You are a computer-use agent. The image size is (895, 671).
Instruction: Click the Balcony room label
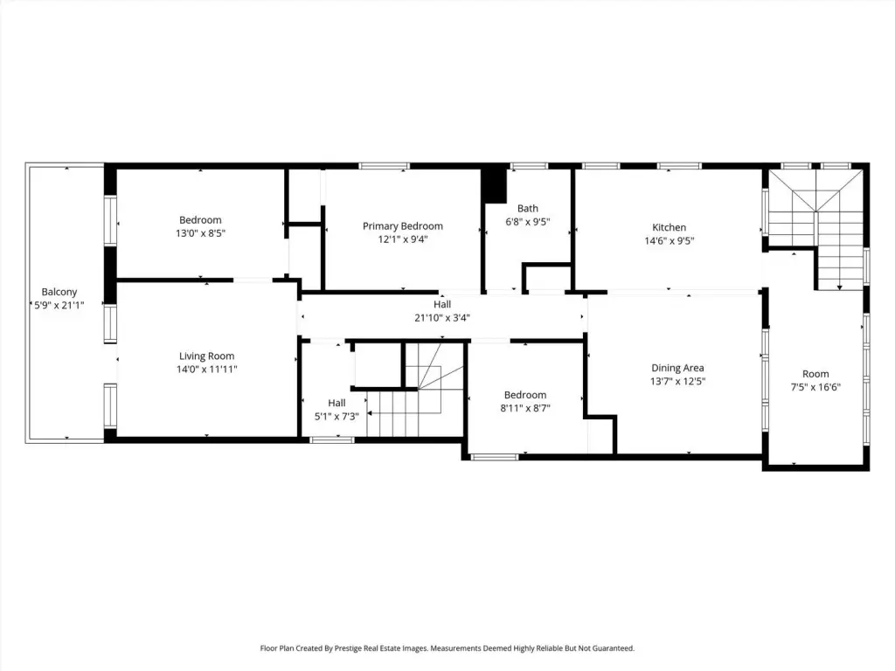click(x=59, y=292)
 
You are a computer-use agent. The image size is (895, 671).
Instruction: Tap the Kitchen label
click(x=669, y=227)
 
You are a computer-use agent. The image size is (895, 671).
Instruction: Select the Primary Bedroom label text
click(x=402, y=226)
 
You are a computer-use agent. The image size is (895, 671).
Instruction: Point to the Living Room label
click(x=206, y=356)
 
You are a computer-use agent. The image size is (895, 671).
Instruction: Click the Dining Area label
click(x=677, y=368)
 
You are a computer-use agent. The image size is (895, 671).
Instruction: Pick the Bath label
click(x=527, y=208)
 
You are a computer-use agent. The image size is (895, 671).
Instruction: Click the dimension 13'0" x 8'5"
click(x=200, y=233)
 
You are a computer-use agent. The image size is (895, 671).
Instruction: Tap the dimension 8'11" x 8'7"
click(x=525, y=408)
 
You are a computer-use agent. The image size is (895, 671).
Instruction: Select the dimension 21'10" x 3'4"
click(x=442, y=318)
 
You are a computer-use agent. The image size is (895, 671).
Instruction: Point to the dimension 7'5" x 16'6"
click(x=815, y=387)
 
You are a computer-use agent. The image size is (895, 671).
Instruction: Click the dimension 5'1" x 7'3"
click(x=336, y=417)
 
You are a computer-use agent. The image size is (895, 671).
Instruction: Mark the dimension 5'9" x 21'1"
click(x=59, y=305)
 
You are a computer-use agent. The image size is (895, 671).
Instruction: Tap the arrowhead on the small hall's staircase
click(x=370, y=412)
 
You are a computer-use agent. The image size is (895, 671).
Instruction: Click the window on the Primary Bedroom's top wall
click(x=385, y=166)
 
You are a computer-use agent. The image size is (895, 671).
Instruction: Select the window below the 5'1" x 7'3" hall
click(x=331, y=440)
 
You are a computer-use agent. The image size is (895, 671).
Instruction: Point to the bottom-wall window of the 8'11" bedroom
click(x=495, y=456)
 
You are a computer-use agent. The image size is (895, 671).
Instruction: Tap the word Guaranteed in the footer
click(x=613, y=648)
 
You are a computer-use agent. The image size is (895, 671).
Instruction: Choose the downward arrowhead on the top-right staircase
click(x=840, y=287)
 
